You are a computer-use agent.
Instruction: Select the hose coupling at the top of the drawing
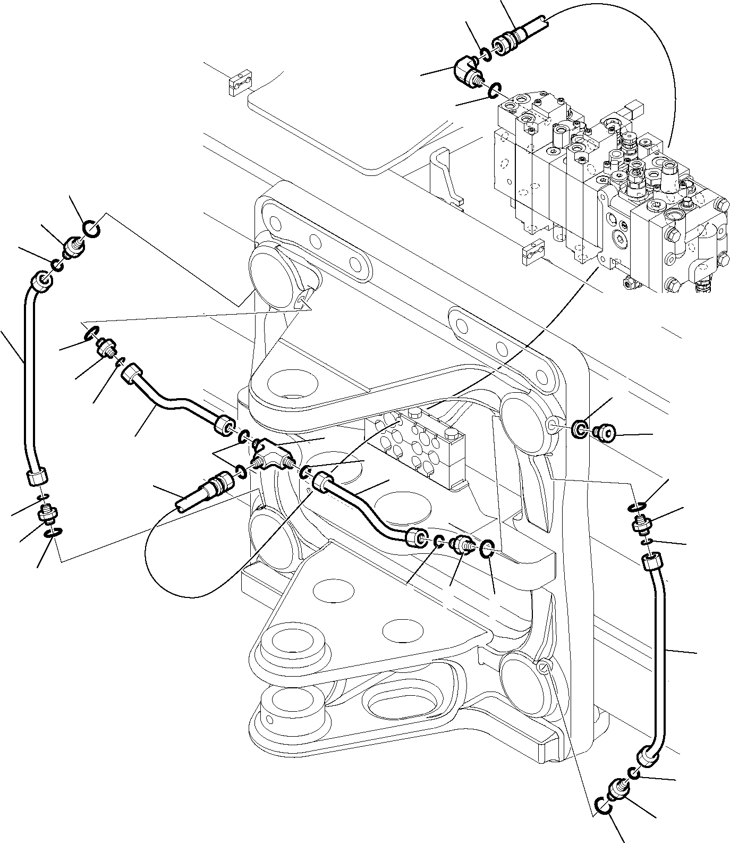511,39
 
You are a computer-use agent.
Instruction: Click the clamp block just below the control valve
533,254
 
